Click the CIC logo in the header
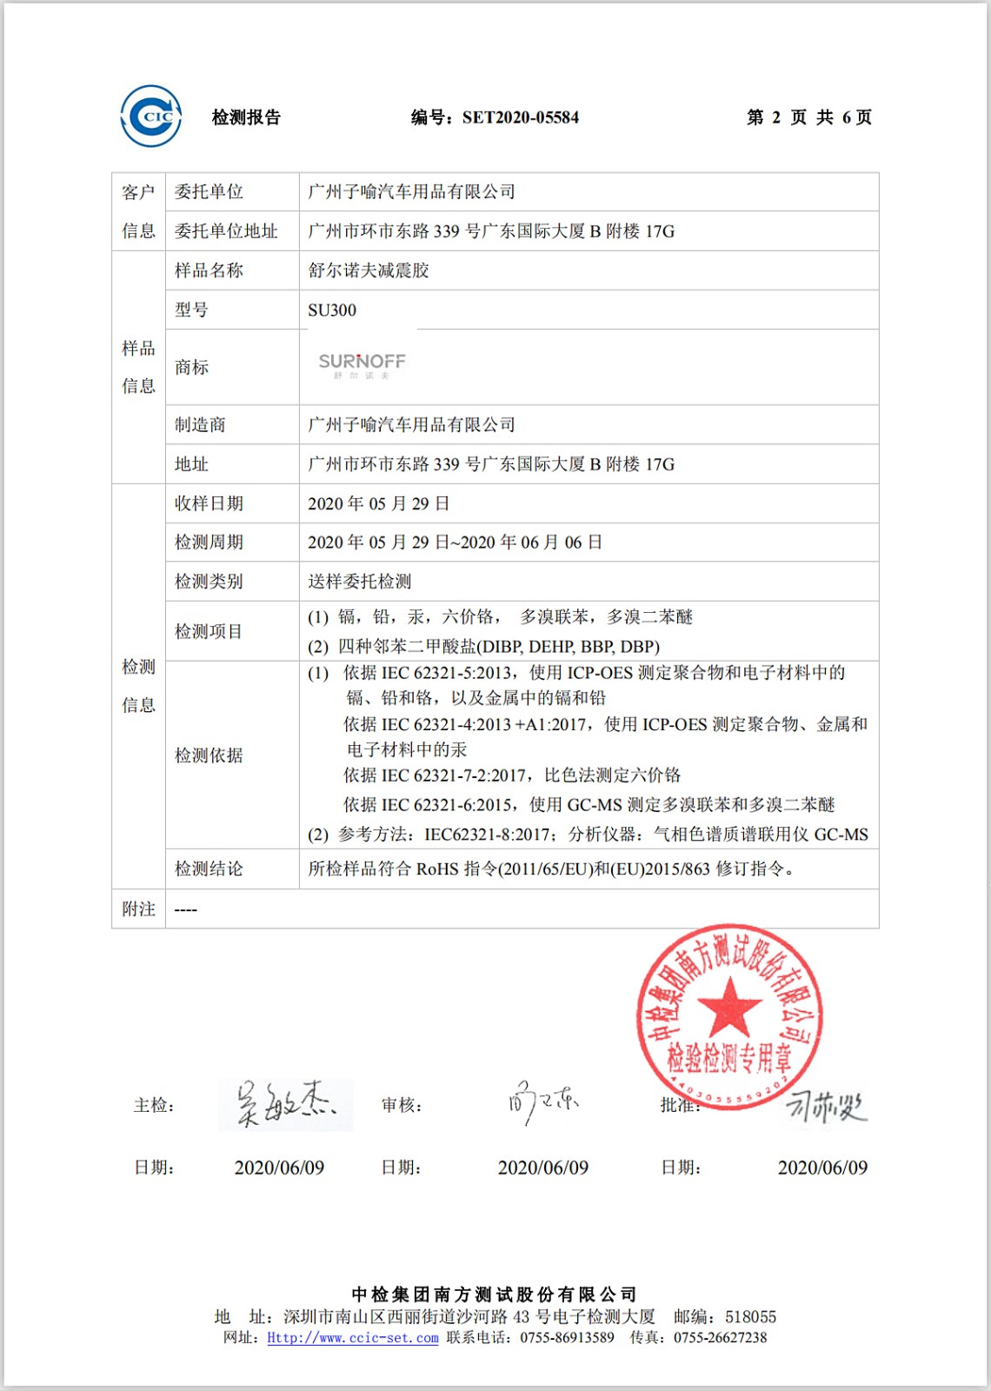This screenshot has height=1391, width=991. click(x=151, y=116)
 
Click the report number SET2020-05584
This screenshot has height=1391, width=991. click(x=520, y=117)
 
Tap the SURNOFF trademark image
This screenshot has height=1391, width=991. click(x=362, y=365)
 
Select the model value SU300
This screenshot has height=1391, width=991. click(x=332, y=310)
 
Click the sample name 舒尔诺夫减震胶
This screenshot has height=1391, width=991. click(x=369, y=270)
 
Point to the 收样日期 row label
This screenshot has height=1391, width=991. click(x=209, y=503)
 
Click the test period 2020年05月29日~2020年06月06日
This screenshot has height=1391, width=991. click(x=455, y=542)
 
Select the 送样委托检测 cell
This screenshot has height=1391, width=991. click(x=359, y=582)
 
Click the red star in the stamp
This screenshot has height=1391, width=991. click(x=729, y=1006)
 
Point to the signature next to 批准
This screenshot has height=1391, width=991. click(x=826, y=1106)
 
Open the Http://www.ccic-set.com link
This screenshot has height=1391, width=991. click(x=352, y=1338)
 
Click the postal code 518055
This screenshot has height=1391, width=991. click(x=750, y=1317)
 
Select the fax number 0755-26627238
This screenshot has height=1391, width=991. click(x=720, y=1338)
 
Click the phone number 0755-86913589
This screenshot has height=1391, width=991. click(x=567, y=1338)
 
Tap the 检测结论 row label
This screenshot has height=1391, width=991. click(x=209, y=869)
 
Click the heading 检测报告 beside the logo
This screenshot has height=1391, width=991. click(x=246, y=117)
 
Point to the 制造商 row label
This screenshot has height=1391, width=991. click(x=200, y=424)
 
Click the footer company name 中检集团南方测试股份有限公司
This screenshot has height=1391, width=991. click(x=495, y=1294)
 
